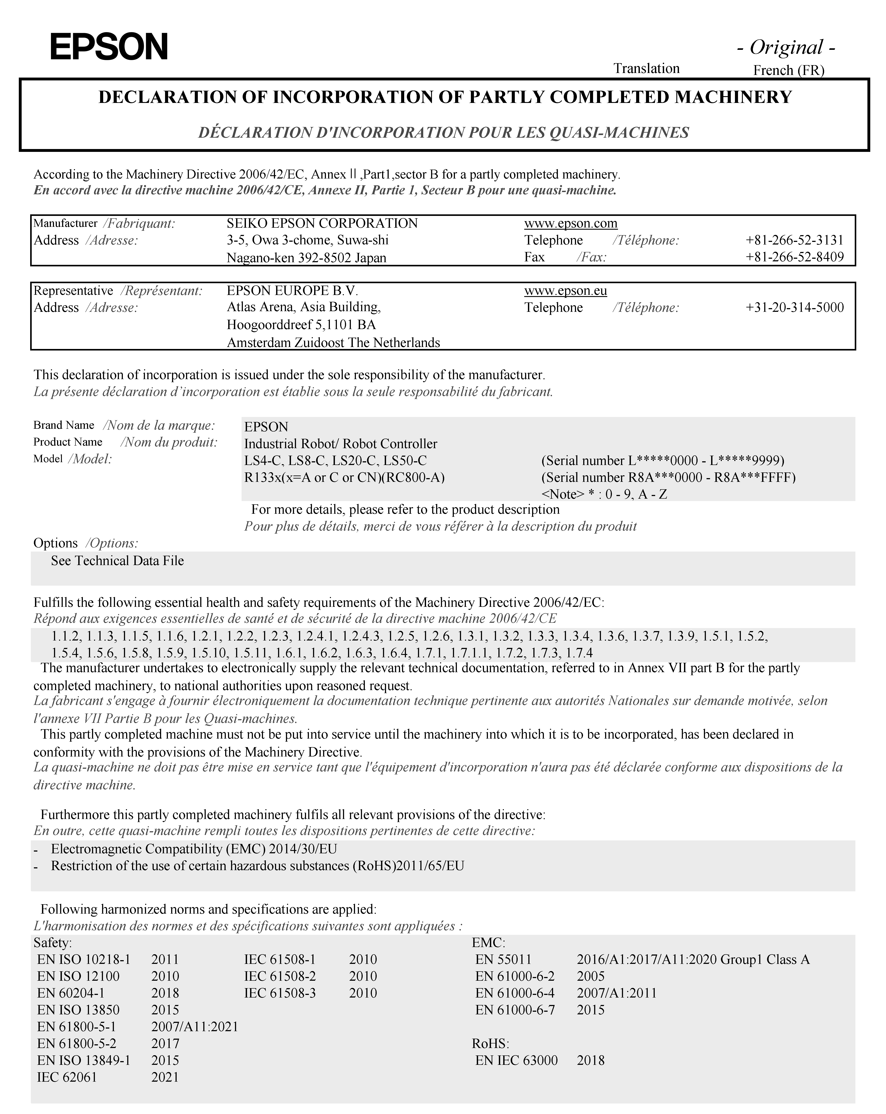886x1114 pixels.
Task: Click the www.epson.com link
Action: pos(571,223)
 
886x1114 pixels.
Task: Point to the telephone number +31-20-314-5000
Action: pos(794,307)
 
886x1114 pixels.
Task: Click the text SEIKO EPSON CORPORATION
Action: pos(322,223)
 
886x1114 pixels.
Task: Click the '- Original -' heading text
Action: pos(786,48)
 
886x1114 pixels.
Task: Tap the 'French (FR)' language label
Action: pos(788,70)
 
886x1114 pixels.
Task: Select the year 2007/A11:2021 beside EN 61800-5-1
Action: pos(194,1027)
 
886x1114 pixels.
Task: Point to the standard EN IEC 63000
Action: pos(516,1060)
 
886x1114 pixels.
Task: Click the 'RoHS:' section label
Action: pos(491,1043)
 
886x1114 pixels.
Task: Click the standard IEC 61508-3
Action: pos(280,993)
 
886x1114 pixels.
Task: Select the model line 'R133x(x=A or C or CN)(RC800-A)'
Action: pos(344,477)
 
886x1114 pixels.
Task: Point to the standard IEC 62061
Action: pos(67,1077)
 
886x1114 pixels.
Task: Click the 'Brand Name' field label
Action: pos(64,425)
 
